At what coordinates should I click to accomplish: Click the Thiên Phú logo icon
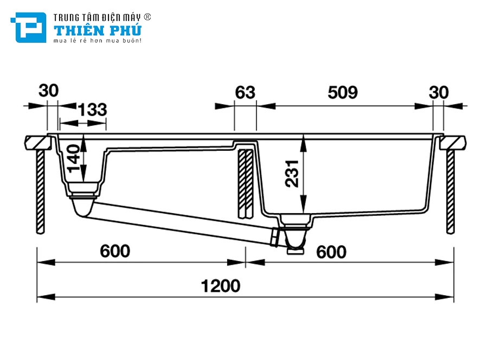[28, 27]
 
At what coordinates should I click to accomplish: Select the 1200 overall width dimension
[220, 285]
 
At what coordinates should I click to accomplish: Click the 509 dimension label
[343, 93]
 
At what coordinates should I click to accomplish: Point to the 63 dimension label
[245, 93]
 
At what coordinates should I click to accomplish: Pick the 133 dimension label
[92, 110]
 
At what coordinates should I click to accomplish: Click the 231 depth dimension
[293, 173]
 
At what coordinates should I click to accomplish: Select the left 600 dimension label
[115, 251]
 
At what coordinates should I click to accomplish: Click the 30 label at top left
[48, 91]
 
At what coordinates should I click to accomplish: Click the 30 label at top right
[439, 93]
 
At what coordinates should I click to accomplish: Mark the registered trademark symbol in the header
[147, 17]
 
